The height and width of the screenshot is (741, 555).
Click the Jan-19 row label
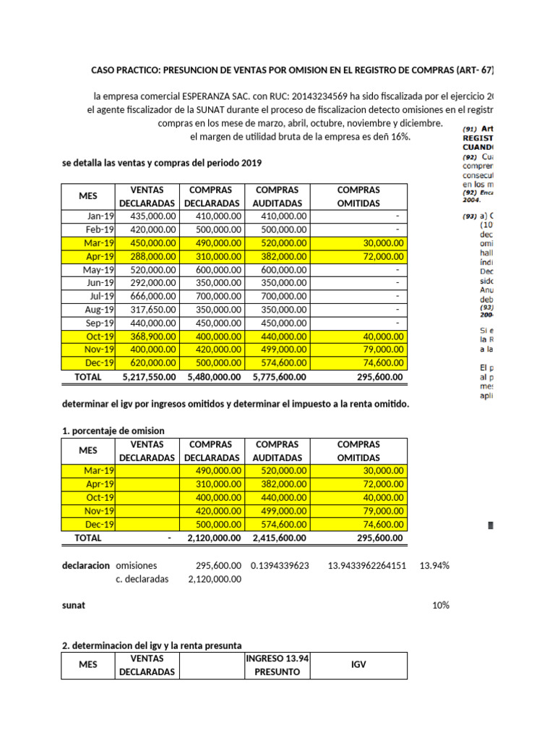pyautogui.click(x=100, y=216)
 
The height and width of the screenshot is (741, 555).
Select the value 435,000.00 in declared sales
pyautogui.click(x=152, y=216)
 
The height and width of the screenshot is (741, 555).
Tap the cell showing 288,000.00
pyautogui.click(x=152, y=256)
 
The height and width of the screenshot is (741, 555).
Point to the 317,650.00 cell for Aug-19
pyautogui.click(x=152, y=310)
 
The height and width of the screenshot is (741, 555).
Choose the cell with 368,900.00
pyautogui.click(x=152, y=336)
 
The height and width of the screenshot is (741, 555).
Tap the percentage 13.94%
pyautogui.click(x=434, y=565)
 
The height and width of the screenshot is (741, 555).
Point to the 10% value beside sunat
pyautogui.click(x=440, y=605)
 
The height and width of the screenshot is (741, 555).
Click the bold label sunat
pyautogui.click(x=74, y=605)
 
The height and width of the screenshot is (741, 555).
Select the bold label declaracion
pyautogui.click(x=86, y=565)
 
